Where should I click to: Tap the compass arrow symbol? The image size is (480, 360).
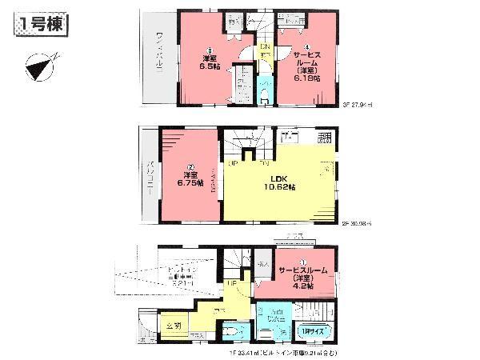[37, 66]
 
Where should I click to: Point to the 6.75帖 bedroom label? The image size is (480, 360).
[186, 183]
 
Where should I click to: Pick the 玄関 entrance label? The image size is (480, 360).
[175, 326]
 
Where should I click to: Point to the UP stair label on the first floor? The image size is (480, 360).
[230, 283]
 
